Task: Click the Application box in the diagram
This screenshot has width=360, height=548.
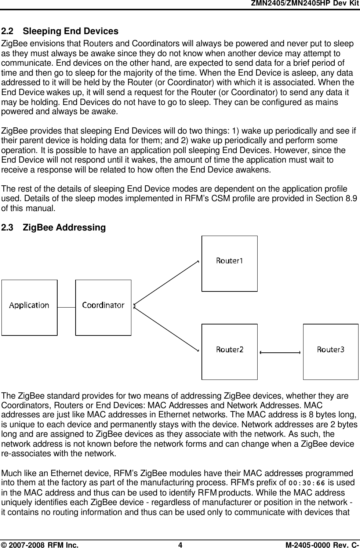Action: (x=29, y=308)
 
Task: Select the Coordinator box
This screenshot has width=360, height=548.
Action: (x=103, y=308)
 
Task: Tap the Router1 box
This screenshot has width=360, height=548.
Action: (x=229, y=264)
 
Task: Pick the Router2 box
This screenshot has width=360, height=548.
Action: (x=229, y=352)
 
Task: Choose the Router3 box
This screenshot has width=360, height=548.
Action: (x=331, y=352)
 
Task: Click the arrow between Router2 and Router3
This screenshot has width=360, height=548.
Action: (x=280, y=352)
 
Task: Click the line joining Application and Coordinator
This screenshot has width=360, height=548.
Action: (x=66, y=307)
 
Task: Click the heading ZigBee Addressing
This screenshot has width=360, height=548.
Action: (x=64, y=228)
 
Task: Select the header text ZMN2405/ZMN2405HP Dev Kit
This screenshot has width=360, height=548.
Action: (x=305, y=3)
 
